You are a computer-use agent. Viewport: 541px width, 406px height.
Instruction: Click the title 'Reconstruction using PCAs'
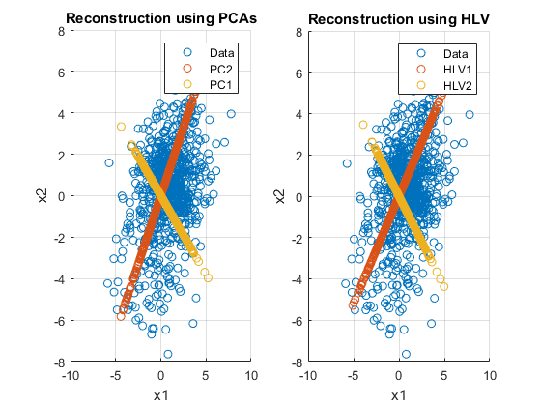coord(161,18)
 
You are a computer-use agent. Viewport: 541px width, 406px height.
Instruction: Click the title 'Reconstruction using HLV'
coord(399,19)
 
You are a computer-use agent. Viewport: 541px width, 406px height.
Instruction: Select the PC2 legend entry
coord(206,69)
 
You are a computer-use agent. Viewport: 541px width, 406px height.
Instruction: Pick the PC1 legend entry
coord(206,85)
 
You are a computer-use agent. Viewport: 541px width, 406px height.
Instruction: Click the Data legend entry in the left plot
coord(207,53)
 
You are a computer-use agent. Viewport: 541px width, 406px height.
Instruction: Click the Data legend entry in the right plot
coord(441,54)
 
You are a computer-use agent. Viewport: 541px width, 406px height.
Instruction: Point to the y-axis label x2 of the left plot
coord(43,195)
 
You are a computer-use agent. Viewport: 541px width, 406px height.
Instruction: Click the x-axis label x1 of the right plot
coord(398,395)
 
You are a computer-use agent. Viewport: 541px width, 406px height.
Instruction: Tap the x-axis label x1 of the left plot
coord(160,395)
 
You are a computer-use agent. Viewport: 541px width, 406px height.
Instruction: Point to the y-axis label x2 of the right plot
coord(280,196)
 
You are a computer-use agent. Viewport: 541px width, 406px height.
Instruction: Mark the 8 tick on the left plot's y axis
coord(62,31)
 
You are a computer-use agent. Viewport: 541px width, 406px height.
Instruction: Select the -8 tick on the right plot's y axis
coord(297,362)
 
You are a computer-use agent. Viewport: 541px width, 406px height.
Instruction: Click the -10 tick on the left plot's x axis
coord(71,376)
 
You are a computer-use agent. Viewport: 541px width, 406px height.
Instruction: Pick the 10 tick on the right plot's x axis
coord(490,376)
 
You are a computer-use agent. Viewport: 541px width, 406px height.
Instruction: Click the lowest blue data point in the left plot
coord(168,354)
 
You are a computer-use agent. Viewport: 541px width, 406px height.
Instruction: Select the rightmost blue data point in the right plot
coord(470,115)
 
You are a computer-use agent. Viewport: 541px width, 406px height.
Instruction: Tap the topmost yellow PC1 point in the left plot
coord(121,127)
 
